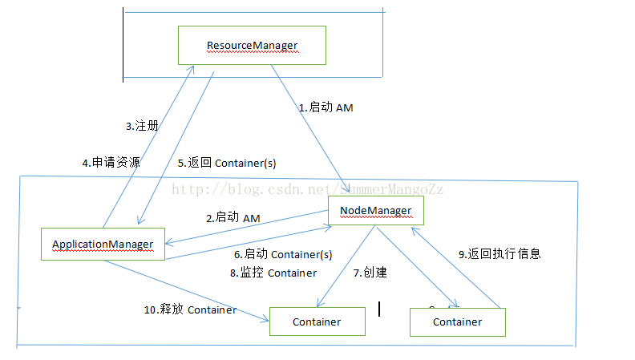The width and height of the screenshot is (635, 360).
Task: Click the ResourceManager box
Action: [x=252, y=45]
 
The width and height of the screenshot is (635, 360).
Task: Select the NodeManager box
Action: [x=375, y=211]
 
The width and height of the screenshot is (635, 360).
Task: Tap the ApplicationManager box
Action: [x=103, y=244]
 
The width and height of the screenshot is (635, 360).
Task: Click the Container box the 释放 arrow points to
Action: [x=317, y=322]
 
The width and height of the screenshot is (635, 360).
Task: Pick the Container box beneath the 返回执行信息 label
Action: [x=457, y=322]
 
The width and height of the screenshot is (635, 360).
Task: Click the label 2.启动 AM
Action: [x=233, y=216]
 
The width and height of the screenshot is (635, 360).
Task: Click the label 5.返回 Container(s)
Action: [x=226, y=162]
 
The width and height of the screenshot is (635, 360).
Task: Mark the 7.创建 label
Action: [x=370, y=273]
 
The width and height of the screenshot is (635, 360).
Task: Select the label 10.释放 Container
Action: [x=190, y=309]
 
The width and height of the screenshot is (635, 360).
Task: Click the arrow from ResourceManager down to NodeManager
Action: [x=309, y=123]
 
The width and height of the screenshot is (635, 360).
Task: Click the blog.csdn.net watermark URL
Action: [x=309, y=189]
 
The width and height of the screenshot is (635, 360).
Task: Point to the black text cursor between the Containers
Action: [x=378, y=308]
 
